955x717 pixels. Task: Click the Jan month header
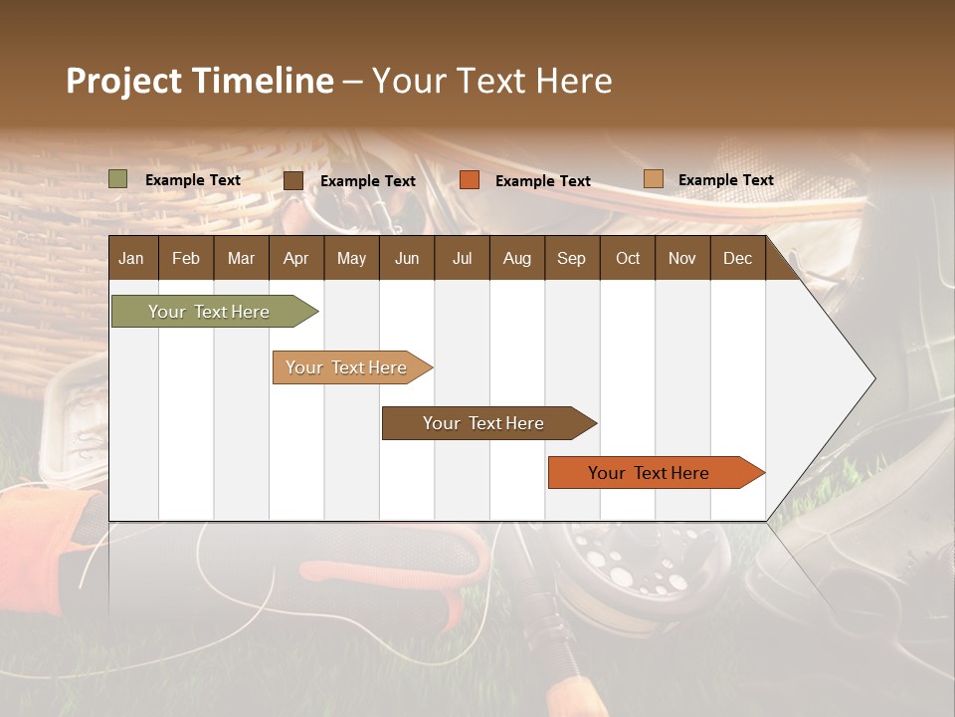click(131, 258)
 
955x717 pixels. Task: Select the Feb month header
click(186, 258)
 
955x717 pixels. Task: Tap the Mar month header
click(241, 258)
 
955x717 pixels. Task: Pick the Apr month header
click(295, 258)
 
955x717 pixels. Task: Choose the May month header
click(351, 258)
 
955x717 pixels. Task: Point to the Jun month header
click(407, 258)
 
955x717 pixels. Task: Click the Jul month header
click(462, 258)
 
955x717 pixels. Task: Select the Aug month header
click(516, 258)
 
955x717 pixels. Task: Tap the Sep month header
click(571, 258)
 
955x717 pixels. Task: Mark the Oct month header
click(628, 258)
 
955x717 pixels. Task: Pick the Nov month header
click(681, 258)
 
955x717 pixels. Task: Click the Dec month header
click(737, 258)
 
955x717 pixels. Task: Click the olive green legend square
click(118, 179)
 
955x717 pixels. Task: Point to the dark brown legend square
click(293, 180)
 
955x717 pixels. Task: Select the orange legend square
click(470, 179)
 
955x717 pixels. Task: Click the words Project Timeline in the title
click(200, 81)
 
